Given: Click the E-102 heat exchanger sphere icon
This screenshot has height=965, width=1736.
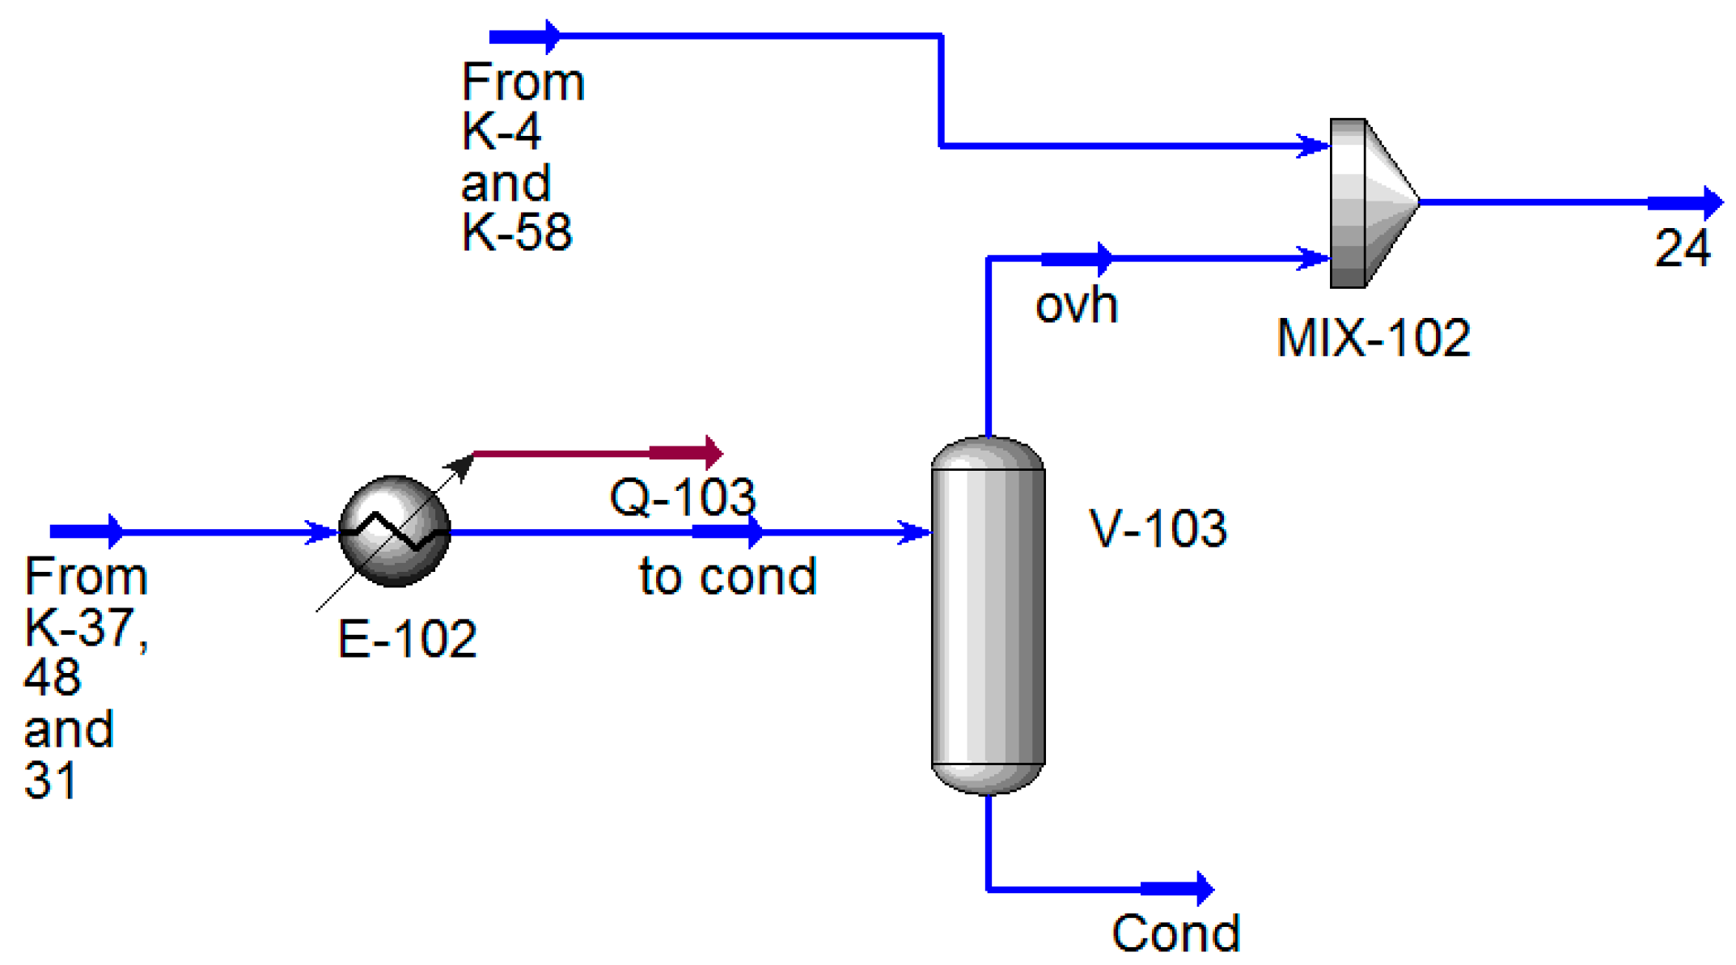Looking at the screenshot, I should coord(394,531).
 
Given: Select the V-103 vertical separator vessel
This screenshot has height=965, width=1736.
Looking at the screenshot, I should coord(988,616).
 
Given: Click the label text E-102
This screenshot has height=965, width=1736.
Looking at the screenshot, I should coord(407,639).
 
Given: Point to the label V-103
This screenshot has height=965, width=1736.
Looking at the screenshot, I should coord(1158,529).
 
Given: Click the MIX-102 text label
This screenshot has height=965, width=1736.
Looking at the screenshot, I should coord(1373,337).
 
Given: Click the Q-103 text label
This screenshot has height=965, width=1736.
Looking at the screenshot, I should coord(682,497).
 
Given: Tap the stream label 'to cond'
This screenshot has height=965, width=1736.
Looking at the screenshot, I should coord(727,577).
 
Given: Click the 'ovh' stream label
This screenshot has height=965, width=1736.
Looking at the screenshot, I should coord(1077,306).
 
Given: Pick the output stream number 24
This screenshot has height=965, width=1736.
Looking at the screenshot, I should coord(1682,248).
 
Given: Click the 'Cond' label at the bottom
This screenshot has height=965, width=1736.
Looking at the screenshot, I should coord(1175,933).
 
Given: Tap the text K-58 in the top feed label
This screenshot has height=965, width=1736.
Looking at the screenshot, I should coord(516,232).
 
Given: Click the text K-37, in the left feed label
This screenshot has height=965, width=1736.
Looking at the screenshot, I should coord(87,627).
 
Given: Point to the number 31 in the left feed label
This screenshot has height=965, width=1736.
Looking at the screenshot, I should coord(50,781).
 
